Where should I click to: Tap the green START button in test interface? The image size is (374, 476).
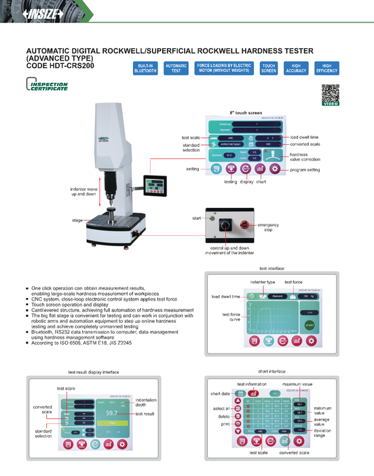tap(310, 325)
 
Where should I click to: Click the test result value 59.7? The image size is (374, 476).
tap(111, 413)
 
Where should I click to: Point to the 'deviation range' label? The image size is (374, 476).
tap(324, 432)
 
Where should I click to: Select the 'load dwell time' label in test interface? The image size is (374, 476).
tap(225, 296)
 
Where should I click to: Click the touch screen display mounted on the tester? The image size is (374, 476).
tap(156, 185)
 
